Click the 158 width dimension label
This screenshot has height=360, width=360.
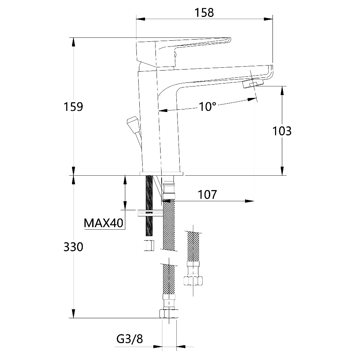point(204,13)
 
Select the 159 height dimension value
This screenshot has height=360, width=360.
point(73,107)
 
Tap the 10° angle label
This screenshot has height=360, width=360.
point(207,107)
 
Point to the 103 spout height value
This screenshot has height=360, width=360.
point(282,131)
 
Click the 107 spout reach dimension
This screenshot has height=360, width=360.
point(207,195)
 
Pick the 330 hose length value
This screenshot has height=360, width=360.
point(73,247)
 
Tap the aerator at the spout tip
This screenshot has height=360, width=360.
point(253,84)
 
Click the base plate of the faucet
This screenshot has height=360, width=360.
point(162,174)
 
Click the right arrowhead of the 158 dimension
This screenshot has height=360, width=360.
point(268,19)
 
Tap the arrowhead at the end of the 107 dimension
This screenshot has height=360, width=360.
point(249,201)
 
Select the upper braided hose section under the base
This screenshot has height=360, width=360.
point(169,225)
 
